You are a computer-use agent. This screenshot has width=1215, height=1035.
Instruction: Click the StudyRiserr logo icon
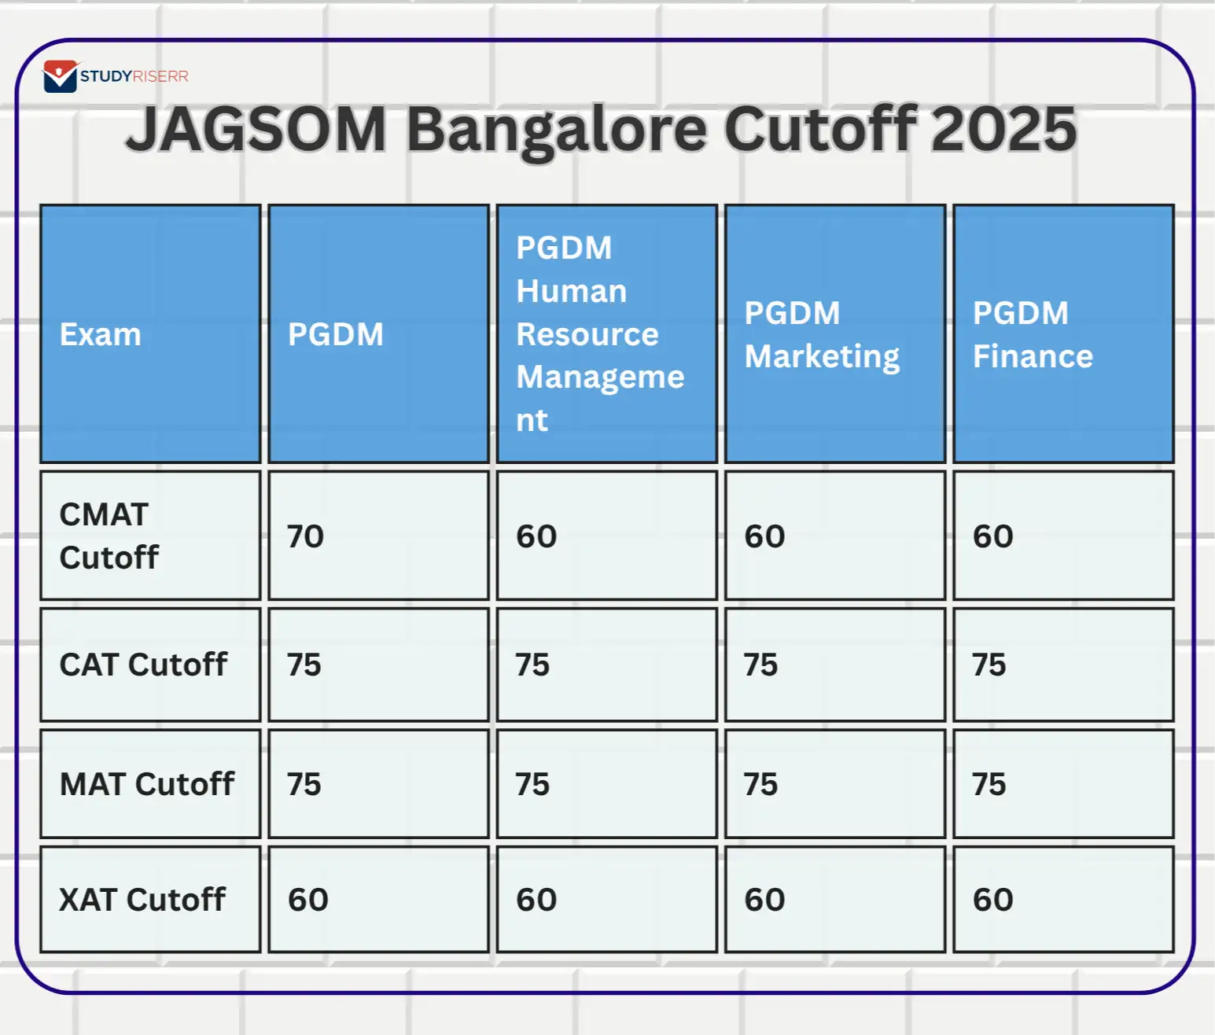tap(60, 76)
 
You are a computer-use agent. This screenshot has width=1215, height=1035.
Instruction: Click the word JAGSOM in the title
tap(256, 130)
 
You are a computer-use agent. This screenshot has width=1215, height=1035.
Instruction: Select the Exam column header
tap(101, 334)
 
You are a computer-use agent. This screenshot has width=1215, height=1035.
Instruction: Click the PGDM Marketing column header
tap(822, 334)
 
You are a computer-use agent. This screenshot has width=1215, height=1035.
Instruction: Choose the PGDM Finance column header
tap(1033, 334)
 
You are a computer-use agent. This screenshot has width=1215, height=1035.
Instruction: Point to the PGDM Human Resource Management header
tap(599, 334)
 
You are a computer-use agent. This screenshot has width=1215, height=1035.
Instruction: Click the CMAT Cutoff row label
tap(109, 536)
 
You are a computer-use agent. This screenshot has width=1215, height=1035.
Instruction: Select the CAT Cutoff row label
tap(143, 665)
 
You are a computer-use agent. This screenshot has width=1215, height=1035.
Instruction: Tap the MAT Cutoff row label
tap(147, 784)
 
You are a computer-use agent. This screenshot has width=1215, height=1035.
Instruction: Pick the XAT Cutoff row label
tap(142, 900)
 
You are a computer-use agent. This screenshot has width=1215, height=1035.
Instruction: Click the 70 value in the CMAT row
tap(305, 536)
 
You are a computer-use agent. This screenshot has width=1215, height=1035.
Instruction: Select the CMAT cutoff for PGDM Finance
tap(992, 536)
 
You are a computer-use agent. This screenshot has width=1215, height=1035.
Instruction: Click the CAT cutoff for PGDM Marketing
tap(760, 665)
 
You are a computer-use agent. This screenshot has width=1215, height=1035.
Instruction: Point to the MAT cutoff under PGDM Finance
tap(989, 785)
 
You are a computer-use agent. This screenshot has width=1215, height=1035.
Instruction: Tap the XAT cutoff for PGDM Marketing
tap(764, 900)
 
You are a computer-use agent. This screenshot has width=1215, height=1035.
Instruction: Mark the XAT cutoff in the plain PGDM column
tap(307, 900)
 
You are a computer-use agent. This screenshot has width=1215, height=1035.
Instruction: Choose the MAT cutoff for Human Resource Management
tap(532, 785)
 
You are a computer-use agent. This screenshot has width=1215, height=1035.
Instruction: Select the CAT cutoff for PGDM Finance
tap(989, 665)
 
